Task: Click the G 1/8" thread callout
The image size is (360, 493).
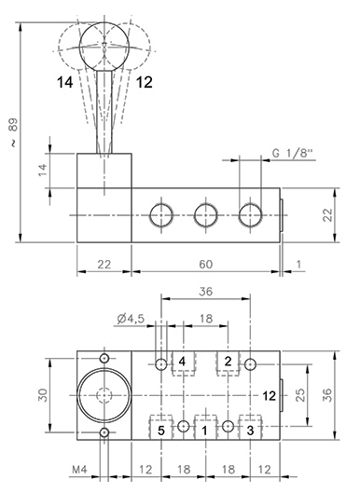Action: (293, 153)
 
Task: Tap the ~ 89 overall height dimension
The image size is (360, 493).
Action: (14, 132)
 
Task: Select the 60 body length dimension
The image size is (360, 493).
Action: (206, 265)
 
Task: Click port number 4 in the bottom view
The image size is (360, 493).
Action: (182, 362)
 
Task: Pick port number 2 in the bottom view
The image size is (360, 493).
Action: (228, 362)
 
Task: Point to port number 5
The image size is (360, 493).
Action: (161, 431)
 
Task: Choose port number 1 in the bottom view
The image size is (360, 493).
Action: (205, 431)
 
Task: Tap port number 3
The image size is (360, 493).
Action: (250, 431)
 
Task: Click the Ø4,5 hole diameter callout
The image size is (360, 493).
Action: (131, 319)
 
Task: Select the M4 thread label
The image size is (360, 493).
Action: (79, 470)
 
